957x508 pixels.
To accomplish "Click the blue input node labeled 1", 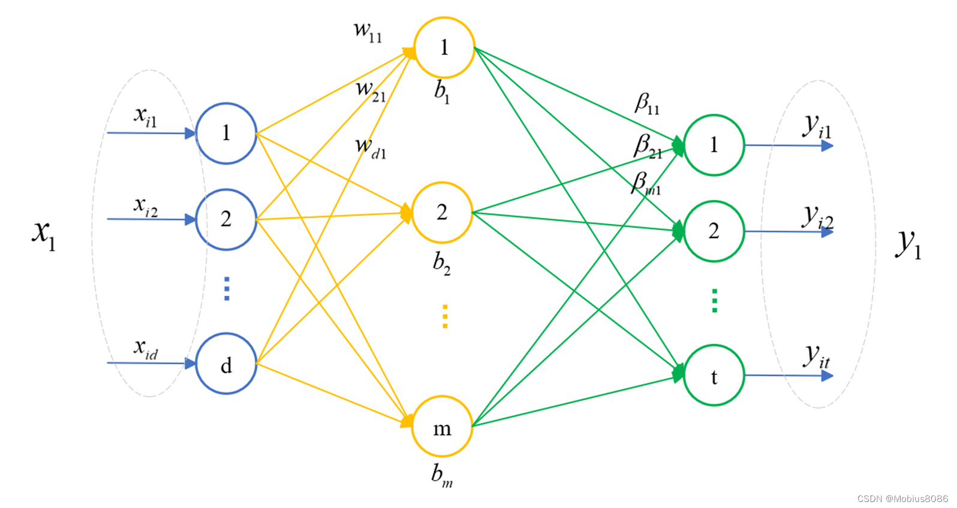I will coord(226,133).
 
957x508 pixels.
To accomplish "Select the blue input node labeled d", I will coord(226,364).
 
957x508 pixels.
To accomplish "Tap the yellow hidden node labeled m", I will coord(443,427).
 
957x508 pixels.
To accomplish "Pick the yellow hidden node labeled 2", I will coord(443,212).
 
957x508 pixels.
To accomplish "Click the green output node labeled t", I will coord(714,376).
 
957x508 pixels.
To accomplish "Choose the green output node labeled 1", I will coord(714,145).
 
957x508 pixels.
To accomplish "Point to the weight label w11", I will coord(368,31).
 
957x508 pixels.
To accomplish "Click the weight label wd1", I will coord(370,148).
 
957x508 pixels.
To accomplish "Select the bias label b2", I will coord(442,264).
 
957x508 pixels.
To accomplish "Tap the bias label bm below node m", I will coord(442,476).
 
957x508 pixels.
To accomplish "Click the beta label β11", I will coord(647,104).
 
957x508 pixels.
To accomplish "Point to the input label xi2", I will coord(146,207).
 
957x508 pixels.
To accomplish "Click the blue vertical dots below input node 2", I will coord(226,288).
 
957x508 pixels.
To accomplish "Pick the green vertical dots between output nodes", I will coord(714,301).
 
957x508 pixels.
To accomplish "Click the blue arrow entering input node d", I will coord(150,363).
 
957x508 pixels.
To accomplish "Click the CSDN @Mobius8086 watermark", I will coord(902,498).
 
